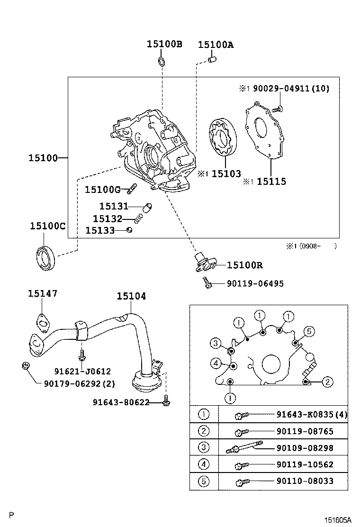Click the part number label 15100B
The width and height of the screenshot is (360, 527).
click(164, 44)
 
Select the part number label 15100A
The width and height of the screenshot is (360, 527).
click(216, 45)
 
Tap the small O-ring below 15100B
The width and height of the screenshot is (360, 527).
click(162, 61)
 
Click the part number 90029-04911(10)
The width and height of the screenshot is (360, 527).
click(290, 88)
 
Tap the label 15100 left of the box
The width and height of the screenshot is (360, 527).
click(43, 157)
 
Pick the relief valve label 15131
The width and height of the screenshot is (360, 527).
click(114, 206)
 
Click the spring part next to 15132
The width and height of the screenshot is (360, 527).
click(138, 218)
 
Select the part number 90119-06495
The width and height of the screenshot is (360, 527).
click(255, 283)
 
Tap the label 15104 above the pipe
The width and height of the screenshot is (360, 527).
click(131, 296)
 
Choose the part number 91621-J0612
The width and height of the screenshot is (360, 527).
click(82, 372)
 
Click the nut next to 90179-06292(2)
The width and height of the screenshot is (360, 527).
click(26, 365)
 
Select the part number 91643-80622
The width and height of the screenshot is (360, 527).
click(121, 402)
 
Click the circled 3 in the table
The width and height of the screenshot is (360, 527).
click(204, 447)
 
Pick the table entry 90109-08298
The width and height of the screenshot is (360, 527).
click(305, 447)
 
